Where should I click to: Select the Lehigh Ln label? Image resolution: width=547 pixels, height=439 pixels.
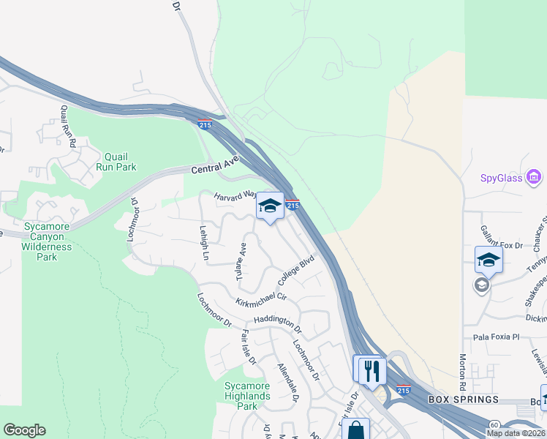click(x=204, y=244)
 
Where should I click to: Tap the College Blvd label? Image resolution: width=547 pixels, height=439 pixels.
click(x=296, y=271)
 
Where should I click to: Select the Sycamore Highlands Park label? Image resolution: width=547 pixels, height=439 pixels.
click(x=247, y=396)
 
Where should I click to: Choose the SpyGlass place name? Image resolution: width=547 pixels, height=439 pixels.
click(x=501, y=178)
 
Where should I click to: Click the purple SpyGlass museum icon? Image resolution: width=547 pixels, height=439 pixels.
click(x=534, y=177)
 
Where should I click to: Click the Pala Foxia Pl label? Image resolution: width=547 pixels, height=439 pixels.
click(x=495, y=337)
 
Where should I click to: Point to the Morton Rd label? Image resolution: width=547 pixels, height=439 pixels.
click(x=462, y=372)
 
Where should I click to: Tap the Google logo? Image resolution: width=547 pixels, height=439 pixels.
click(x=24, y=430)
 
